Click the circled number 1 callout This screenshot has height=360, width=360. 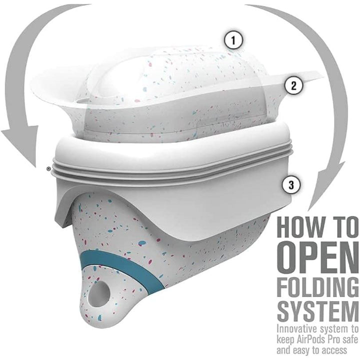[233, 40]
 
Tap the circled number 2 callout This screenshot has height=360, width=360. [294, 85]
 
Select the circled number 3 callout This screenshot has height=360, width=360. [291, 185]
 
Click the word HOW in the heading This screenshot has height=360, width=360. [298, 227]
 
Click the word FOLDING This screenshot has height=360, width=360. [318, 287]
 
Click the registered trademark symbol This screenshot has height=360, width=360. [48, 169]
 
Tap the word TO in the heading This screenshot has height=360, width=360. [341, 227]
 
